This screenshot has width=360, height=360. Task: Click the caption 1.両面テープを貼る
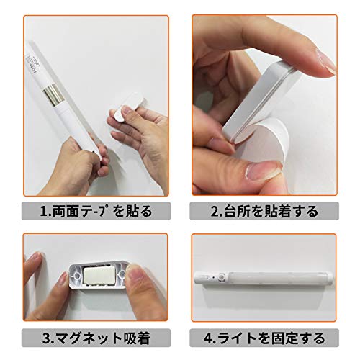coord(96,211)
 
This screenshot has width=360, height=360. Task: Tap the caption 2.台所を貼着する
coord(264,211)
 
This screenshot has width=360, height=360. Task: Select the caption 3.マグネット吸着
coord(96,338)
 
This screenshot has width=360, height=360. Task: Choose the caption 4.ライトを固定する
coord(264,338)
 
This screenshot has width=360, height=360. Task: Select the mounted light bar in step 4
coord(264,279)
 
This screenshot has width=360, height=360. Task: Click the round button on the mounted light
coord(221,277)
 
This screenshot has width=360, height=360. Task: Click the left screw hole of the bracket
coord(77,275)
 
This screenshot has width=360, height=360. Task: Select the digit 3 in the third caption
coord(47,338)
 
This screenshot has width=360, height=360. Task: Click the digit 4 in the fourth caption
coord(208,338)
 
